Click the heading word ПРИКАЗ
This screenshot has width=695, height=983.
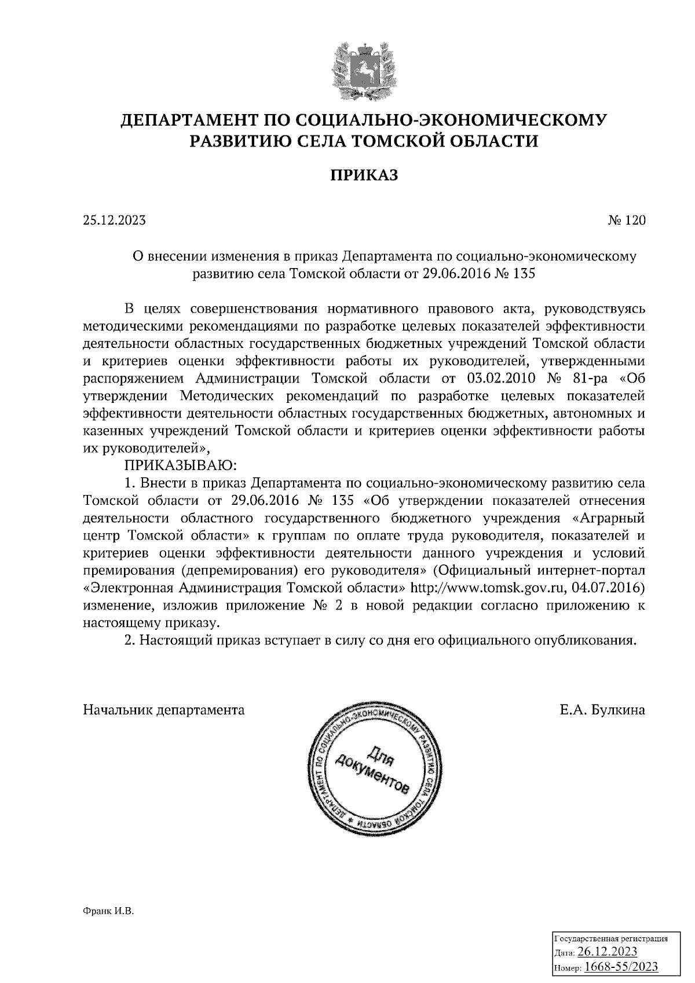[364, 175]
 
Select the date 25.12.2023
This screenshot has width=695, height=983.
[114, 221]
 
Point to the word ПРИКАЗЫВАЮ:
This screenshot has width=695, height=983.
[178, 465]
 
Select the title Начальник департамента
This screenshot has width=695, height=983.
[164, 710]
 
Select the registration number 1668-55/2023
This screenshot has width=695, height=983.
[621, 966]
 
